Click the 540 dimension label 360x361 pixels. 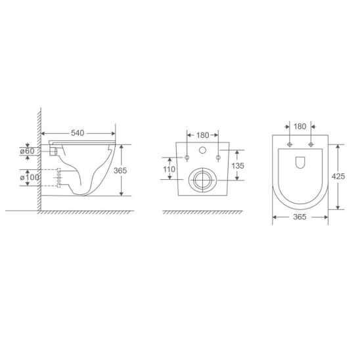click(78, 133)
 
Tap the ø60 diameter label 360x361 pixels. click(27, 151)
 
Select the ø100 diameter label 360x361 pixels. click(30, 177)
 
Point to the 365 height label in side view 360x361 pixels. click(120, 171)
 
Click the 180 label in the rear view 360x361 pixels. click(202, 135)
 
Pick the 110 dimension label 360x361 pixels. click(169, 169)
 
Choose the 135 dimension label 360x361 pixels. click(238, 166)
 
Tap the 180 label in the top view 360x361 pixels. click(300, 127)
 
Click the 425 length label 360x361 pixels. click(338, 177)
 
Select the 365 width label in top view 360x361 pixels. click(300, 217)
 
